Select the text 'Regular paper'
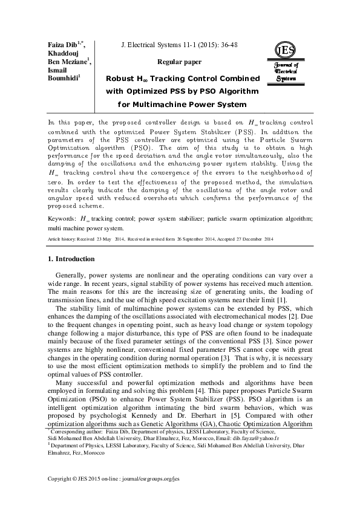tap(176, 62)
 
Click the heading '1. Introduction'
tap(70, 259)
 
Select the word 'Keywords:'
tap(62, 218)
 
